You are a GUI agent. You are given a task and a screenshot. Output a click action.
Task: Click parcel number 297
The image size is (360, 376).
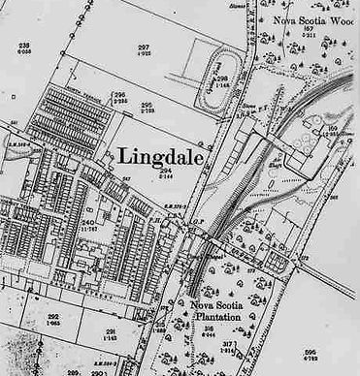pyautogui.click(x=144, y=47)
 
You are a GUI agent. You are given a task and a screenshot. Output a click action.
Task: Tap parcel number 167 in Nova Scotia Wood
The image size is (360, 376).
pyautogui.click(x=309, y=30)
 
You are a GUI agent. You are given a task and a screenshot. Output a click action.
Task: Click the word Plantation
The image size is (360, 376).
pyautogui.click(x=211, y=316)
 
